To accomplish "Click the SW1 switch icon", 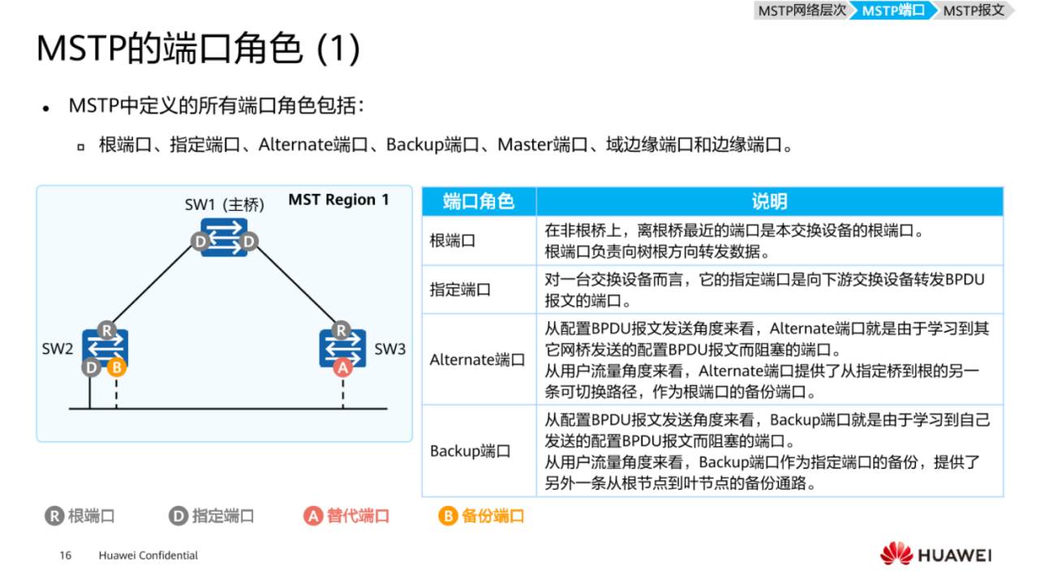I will tap(224, 236).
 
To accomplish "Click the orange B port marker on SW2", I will tap(117, 367).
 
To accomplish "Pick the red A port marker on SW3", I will tap(342, 367).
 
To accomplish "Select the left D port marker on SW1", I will tap(200, 241).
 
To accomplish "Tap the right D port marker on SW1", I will tap(249, 241).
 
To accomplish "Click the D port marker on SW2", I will tap(90, 367).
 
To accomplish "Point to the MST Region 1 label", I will tap(338, 200).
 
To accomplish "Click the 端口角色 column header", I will tap(479, 201).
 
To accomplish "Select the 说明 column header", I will tap(768, 201).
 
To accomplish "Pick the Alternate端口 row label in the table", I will tap(477, 359).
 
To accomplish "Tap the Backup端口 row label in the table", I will tap(471, 451).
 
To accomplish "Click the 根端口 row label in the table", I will tap(452, 241).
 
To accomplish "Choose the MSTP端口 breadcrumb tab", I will tap(893, 11).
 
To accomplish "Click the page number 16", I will tap(66, 556).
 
